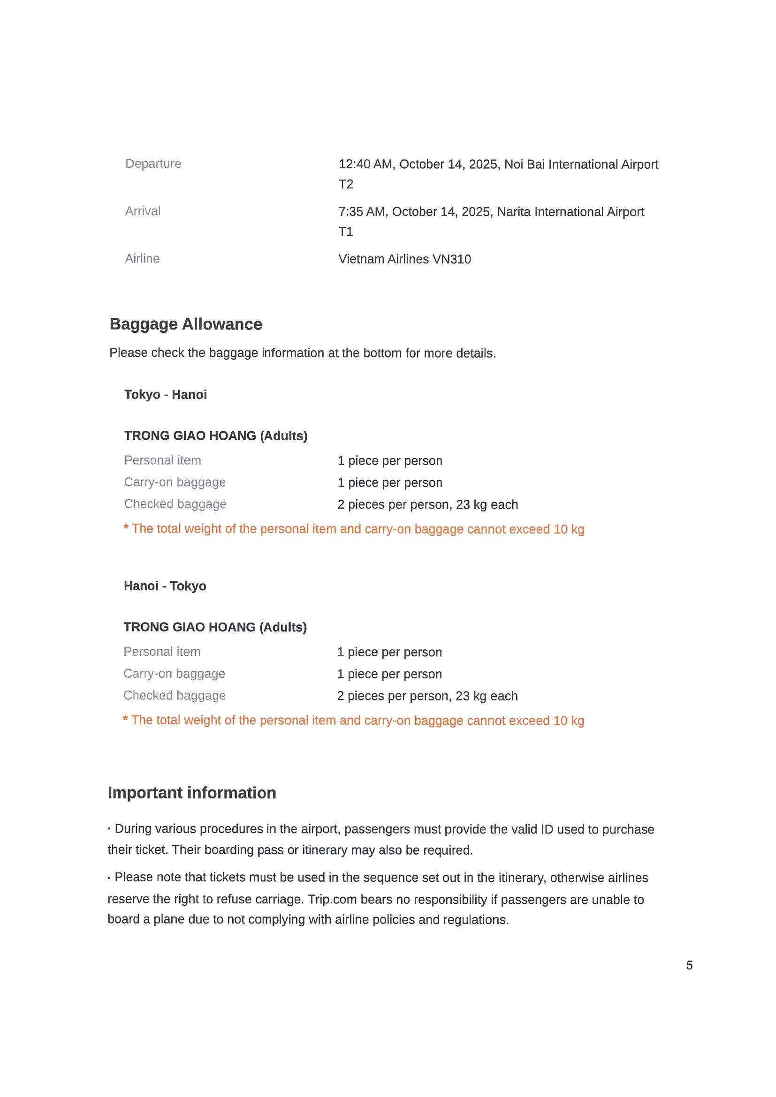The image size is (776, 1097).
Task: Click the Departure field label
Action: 153,164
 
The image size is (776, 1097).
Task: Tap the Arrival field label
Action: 143,211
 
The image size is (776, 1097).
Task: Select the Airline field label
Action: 142,258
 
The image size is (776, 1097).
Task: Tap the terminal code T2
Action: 346,184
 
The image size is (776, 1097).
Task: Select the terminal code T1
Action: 346,232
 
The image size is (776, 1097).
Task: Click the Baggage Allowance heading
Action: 185,324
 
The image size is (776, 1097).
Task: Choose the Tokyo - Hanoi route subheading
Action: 166,395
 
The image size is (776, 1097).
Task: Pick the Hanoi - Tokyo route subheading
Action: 165,586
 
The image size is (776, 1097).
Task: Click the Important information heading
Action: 192,793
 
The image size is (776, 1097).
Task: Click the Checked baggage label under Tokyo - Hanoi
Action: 175,504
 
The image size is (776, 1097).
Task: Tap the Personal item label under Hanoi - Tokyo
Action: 162,652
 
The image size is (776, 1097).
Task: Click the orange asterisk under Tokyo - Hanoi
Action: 126,528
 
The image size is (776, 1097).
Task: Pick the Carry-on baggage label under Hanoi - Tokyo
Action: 174,674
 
